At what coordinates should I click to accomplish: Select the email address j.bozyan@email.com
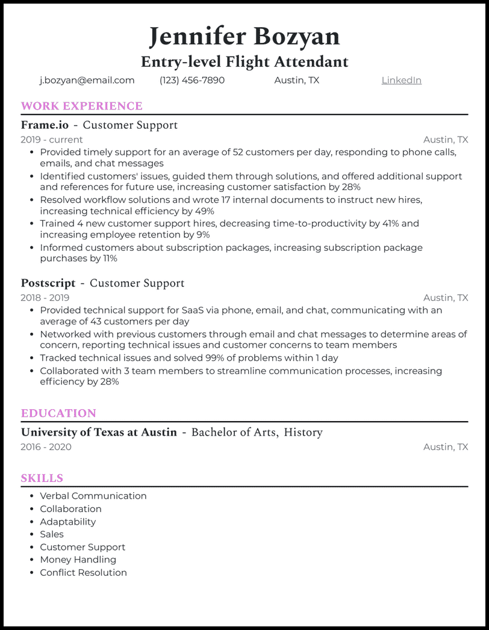[87, 80]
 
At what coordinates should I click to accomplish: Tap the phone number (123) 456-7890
[192, 80]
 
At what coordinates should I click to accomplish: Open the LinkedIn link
[401, 80]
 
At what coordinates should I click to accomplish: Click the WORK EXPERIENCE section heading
[81, 106]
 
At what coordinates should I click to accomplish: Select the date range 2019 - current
[52, 140]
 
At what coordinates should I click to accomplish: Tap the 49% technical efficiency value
[204, 211]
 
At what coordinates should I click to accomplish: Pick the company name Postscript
[48, 283]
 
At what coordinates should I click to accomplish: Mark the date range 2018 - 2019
[45, 297]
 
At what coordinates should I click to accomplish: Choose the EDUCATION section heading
[58, 413]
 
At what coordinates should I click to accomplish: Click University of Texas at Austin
[99, 432]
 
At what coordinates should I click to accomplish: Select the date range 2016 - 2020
[46, 446]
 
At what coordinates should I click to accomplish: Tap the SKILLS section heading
[42, 478]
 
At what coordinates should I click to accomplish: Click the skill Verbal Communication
[93, 496]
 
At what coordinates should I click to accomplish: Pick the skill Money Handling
[78, 560]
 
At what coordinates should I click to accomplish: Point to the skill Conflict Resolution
[84, 572]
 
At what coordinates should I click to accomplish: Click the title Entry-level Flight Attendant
[244, 61]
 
